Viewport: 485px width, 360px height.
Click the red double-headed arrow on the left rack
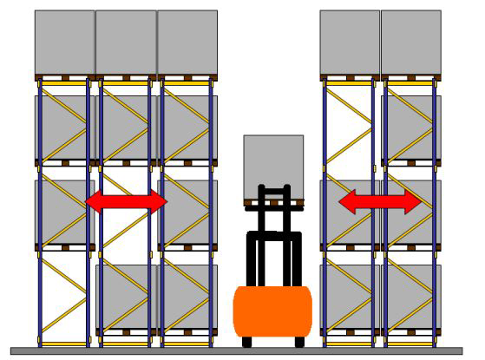126,202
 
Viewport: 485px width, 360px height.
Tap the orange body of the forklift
272,312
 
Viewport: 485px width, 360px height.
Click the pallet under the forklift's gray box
273,203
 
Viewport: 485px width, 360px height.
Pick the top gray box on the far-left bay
64,42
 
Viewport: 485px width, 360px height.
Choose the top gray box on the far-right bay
410,42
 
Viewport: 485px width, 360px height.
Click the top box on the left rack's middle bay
126,42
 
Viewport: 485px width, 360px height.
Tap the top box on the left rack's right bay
187,42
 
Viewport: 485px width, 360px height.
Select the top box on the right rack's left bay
350,42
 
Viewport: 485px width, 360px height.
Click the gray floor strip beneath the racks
242,351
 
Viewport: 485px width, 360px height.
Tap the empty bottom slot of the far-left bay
64,295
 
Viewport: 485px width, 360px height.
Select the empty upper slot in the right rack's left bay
350,126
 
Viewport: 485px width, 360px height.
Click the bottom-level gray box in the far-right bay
410,295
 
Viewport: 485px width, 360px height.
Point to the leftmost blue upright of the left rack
39,208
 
